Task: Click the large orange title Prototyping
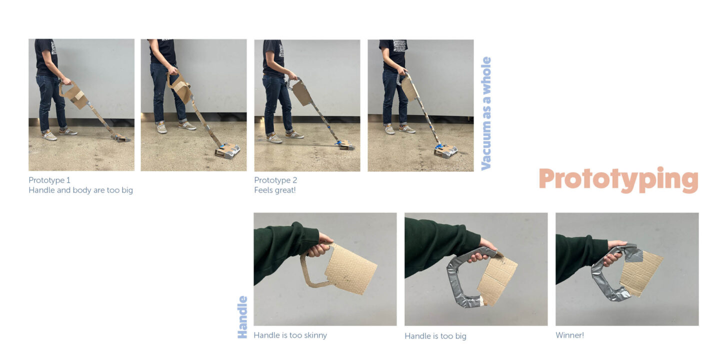pyautogui.click(x=618, y=179)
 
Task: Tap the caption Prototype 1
pyautogui.click(x=49, y=180)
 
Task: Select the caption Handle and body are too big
pyautogui.click(x=80, y=190)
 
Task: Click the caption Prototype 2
pyautogui.click(x=275, y=180)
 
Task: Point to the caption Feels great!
pyautogui.click(x=275, y=190)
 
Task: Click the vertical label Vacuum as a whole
pyautogui.click(x=486, y=113)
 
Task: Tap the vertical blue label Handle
pyautogui.click(x=242, y=317)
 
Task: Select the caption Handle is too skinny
pyautogui.click(x=290, y=335)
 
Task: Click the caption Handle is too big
pyautogui.click(x=435, y=336)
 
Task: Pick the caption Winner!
pyautogui.click(x=569, y=335)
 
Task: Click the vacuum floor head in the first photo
pyautogui.click(x=121, y=138)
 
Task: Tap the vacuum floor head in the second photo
pyautogui.click(x=227, y=151)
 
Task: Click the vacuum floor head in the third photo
pyautogui.click(x=345, y=145)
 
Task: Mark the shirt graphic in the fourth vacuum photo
pyautogui.click(x=400, y=45)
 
